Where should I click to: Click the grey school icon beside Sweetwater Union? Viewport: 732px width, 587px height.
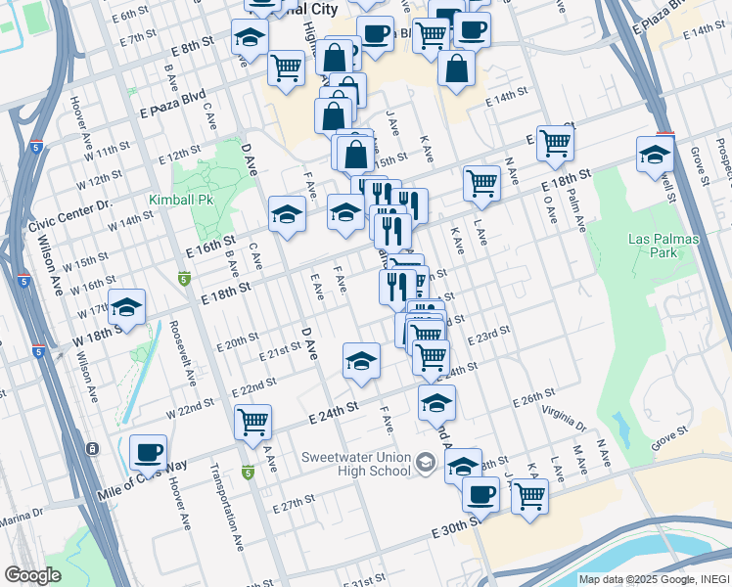point(425,462)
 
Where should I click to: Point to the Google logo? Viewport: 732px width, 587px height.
point(32,575)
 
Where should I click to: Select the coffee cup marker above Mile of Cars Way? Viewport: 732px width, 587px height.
point(148,452)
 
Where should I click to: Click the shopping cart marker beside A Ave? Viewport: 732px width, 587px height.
point(252,423)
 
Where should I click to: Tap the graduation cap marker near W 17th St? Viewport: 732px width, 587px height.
point(126,307)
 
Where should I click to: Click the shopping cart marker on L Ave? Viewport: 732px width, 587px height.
point(482,183)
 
